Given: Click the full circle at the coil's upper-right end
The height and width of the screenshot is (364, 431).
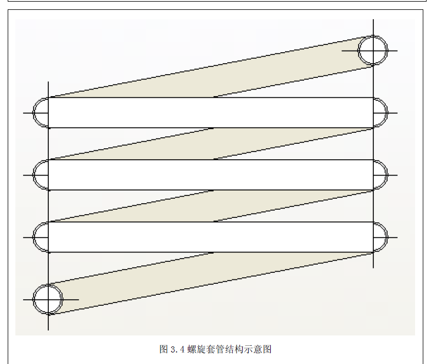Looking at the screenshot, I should [373, 50].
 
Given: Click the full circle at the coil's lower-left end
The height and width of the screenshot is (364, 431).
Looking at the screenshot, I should [48, 299].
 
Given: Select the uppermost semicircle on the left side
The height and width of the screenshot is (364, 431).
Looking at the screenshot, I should [41, 113].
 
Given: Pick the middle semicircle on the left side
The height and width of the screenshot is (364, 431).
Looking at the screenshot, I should [41, 175].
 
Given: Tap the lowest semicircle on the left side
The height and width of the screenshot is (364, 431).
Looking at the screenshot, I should [41, 237].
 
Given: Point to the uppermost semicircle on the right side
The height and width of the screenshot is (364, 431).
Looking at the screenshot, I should [380, 113].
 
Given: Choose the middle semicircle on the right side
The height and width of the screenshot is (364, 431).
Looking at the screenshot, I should [380, 175].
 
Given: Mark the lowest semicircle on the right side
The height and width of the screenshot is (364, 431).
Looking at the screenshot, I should [380, 237].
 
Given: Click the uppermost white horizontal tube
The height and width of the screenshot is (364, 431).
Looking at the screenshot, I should [211, 113].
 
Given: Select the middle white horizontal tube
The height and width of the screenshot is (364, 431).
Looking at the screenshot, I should [211, 175].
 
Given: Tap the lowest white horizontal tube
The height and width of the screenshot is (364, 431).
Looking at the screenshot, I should [211, 237].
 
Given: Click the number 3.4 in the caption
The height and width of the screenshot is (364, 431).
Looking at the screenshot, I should [177, 349].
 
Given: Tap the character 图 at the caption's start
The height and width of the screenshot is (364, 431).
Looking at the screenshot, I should [164, 349].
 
